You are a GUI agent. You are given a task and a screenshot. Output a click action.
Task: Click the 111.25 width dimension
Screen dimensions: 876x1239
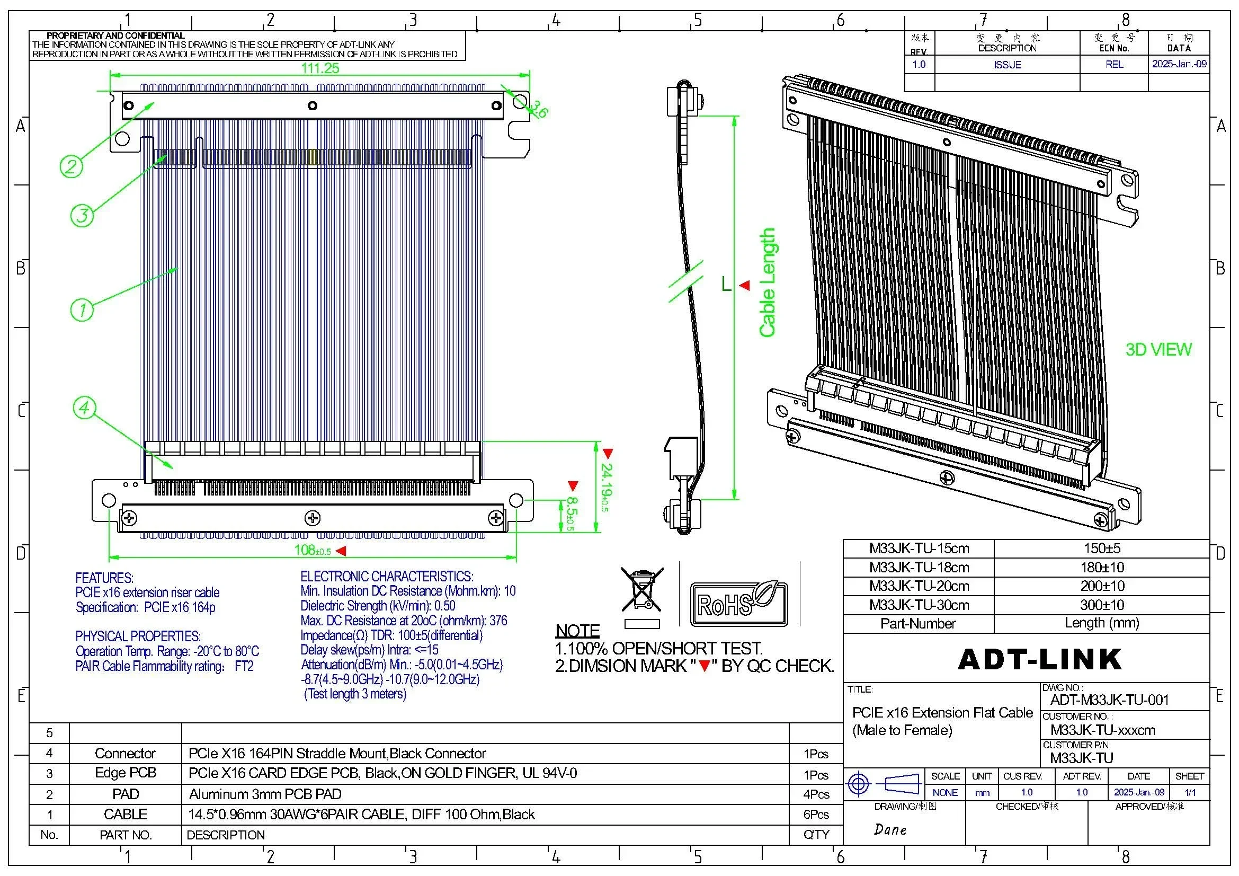point(320,68)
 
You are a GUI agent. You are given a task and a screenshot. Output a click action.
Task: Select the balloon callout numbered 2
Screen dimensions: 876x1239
point(71,166)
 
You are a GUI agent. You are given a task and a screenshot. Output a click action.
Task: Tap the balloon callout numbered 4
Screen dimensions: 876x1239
point(84,408)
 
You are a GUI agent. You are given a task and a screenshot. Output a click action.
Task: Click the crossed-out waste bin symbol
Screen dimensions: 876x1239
point(641,590)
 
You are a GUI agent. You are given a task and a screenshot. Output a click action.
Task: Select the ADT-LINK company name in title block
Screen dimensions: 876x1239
point(1039,659)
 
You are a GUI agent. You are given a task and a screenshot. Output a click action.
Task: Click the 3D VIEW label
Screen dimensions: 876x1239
point(1158,350)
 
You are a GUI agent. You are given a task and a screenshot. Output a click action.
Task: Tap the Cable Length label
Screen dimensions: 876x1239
point(767,283)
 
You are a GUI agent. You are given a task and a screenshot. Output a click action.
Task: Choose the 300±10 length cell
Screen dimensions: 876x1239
point(1101,605)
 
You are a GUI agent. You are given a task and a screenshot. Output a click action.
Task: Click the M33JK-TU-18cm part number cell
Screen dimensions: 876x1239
point(919,567)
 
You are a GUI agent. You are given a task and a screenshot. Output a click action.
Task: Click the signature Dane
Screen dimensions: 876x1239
point(890,829)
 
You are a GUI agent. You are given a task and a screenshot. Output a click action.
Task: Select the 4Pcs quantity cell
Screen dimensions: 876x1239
point(815,794)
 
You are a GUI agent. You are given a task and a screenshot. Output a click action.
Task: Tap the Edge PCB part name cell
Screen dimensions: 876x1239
point(125,773)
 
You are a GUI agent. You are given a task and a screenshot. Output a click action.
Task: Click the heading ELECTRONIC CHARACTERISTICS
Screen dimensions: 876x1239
point(386,577)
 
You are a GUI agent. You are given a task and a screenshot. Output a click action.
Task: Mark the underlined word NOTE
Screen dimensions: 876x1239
point(577,631)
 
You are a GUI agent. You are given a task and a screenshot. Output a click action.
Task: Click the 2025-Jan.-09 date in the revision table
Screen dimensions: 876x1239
point(1179,64)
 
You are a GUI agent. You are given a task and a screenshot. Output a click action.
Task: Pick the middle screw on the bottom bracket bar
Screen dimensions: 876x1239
point(313,519)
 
